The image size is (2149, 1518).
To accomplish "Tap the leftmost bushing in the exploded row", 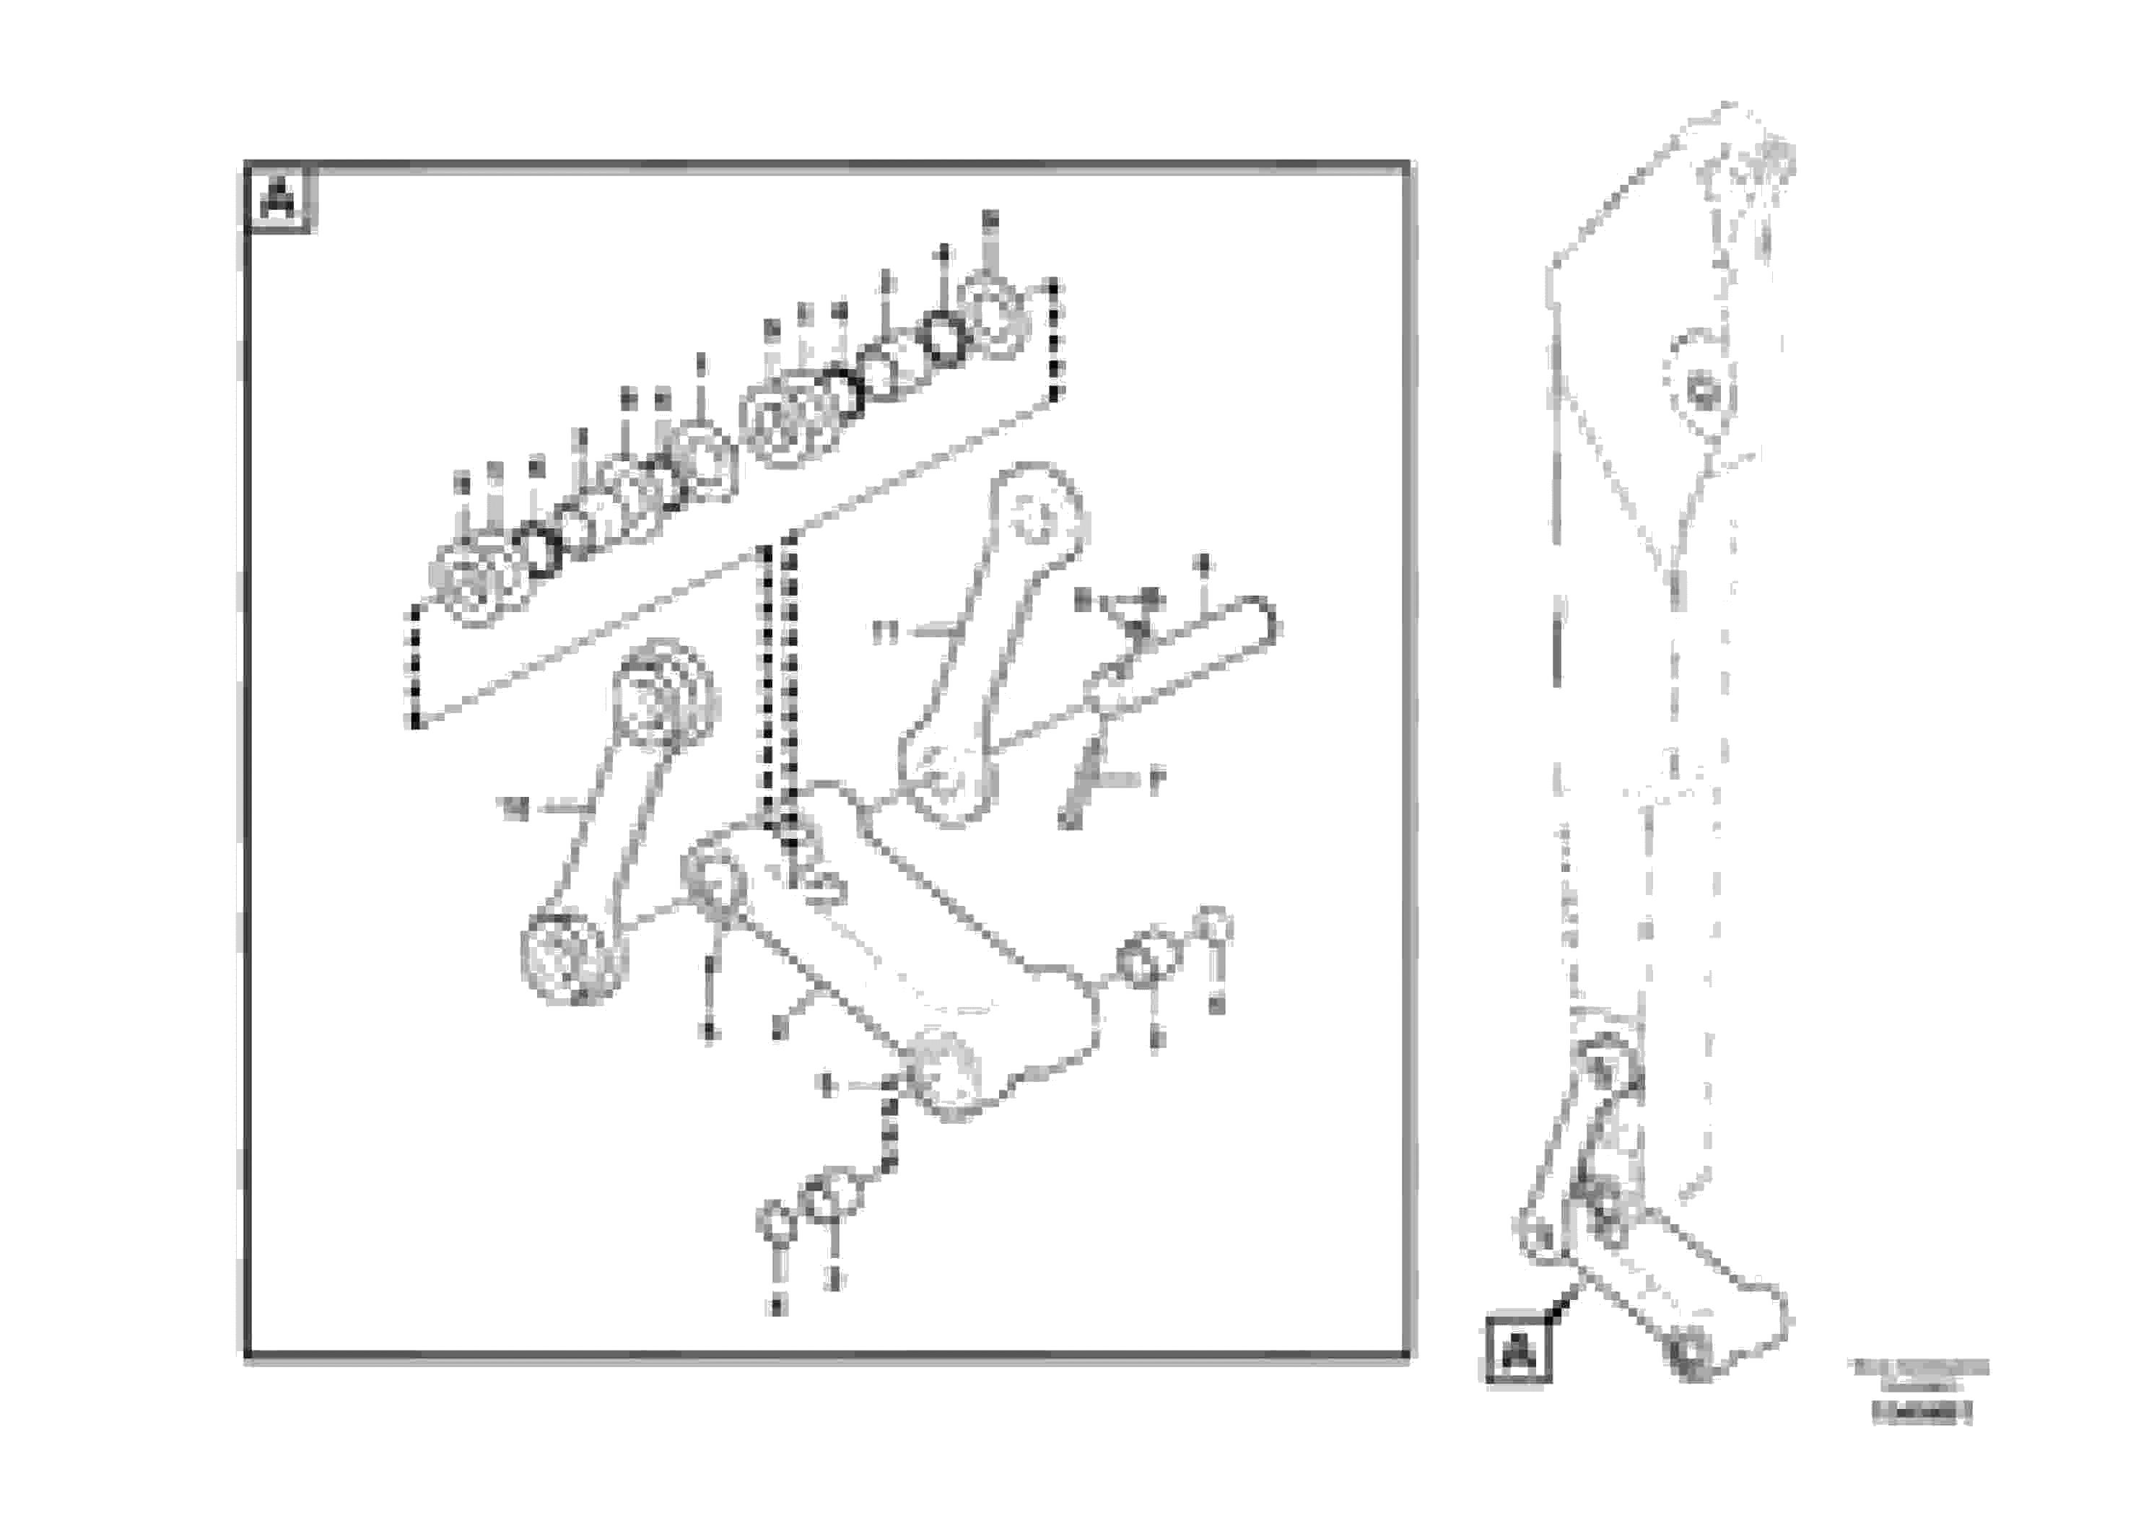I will tap(473, 587).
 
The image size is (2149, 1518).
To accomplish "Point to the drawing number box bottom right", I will tap(1922, 1412).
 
